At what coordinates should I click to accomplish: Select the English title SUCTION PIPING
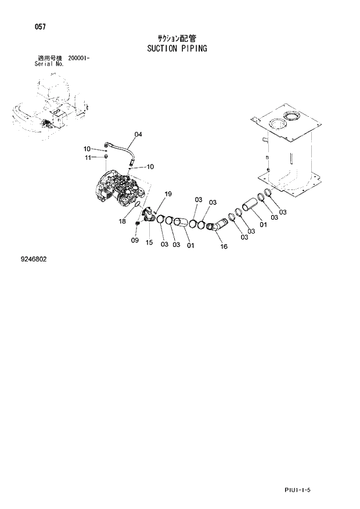[177, 48]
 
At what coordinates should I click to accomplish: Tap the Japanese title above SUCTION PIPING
[177, 38]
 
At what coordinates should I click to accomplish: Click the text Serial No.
[49, 64]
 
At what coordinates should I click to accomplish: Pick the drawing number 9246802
[33, 259]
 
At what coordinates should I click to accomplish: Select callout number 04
[138, 135]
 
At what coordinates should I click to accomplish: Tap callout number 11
[88, 158]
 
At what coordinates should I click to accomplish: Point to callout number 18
[123, 221]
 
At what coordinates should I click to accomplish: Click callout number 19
[168, 194]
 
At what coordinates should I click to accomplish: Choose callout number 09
[135, 240]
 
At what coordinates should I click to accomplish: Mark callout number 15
[149, 243]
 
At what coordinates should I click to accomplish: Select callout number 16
[224, 246]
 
